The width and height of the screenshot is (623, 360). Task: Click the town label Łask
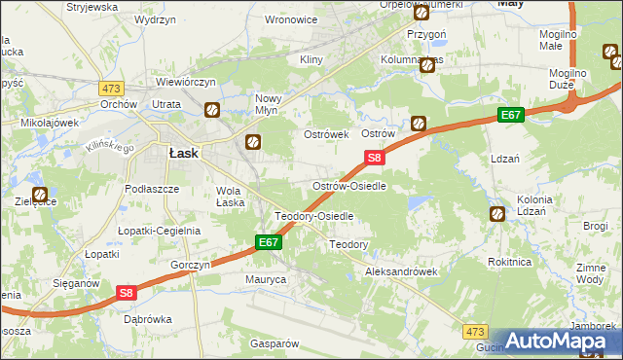coord(184,153)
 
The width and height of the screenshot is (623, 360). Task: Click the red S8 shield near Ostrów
coord(375,157)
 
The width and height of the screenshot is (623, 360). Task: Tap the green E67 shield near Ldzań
coord(512,115)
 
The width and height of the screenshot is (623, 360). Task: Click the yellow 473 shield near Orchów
coord(110,88)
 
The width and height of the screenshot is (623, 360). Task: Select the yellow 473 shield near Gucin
coord(474,332)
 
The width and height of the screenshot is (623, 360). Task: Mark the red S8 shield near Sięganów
coord(127,291)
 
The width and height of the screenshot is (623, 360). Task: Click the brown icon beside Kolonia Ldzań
coord(497,213)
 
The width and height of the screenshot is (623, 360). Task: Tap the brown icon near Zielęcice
coord(40,195)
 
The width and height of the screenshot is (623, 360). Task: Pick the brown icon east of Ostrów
coord(418,124)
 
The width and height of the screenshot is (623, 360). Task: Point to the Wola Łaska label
coord(230,197)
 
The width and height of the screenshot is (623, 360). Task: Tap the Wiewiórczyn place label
coord(183,83)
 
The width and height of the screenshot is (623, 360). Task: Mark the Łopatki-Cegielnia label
coord(160,231)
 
